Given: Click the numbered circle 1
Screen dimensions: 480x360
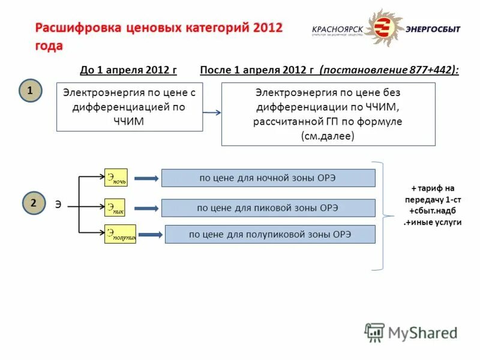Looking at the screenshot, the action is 30,91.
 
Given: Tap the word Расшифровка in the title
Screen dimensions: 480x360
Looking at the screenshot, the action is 78,29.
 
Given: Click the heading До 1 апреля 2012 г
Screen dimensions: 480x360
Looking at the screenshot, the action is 128,70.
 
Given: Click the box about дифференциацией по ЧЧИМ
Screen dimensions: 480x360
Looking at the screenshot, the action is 130,107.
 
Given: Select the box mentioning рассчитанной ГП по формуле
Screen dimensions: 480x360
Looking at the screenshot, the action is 328,114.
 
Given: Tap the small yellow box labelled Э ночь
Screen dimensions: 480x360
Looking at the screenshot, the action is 116,178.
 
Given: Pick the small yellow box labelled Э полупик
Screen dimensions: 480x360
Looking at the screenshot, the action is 120,234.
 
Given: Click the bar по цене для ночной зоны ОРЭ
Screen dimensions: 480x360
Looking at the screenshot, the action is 268,178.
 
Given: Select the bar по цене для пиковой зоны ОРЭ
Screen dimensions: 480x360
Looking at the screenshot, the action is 268,208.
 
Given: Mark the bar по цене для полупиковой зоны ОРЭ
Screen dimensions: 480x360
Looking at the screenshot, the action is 270,235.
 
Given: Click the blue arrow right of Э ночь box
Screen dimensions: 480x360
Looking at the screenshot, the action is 144,178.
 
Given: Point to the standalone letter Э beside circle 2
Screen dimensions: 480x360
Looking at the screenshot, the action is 58,204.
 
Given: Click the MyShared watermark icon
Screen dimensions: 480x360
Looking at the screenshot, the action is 374,332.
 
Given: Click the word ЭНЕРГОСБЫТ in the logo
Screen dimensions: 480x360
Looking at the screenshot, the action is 433,29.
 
